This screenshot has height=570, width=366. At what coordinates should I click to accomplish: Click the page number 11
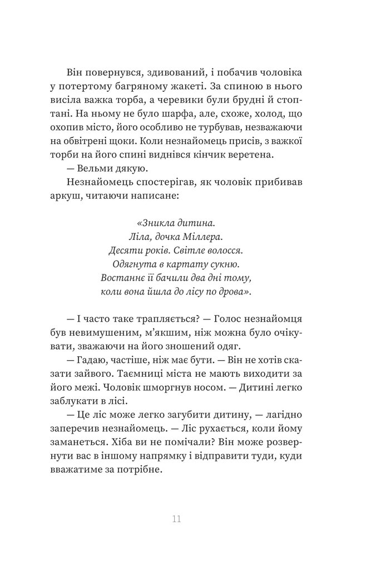point(177,519)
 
